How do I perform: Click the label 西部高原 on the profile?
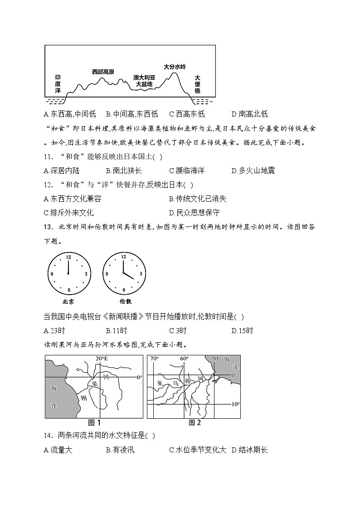click(103, 72)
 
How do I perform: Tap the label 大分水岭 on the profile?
click(175, 67)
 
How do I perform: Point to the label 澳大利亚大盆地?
click(144, 81)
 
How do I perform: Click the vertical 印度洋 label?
click(58, 84)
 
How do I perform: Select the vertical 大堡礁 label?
click(197, 84)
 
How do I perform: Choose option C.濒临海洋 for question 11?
click(186, 170)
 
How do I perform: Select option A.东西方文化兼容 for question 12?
click(72, 199)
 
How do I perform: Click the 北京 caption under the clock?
click(68, 301)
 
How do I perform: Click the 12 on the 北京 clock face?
click(68, 257)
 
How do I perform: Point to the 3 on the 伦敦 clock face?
click(141, 274)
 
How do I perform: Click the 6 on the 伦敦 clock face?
click(123, 290)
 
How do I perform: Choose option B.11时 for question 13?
click(116, 330)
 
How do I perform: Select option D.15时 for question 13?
click(242, 330)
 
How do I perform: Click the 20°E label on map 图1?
click(102, 359)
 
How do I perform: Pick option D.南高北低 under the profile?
click(249, 114)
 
